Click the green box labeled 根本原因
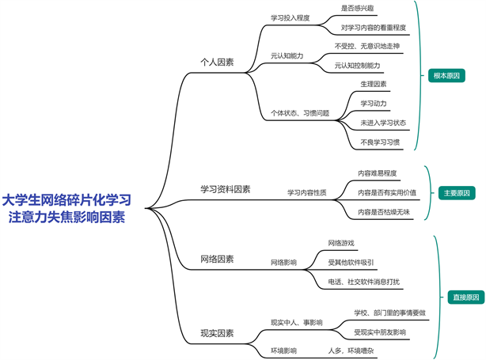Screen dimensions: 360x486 coord(446,77)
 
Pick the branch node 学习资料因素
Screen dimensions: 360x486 coord(226,189)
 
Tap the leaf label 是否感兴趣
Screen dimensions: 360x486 coord(356,8)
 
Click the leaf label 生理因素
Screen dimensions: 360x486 coord(374,83)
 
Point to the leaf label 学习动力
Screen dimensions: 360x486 coord(374,103)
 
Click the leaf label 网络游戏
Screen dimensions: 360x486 coord(341,242)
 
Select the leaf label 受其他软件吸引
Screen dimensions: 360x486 coord(351,261)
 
